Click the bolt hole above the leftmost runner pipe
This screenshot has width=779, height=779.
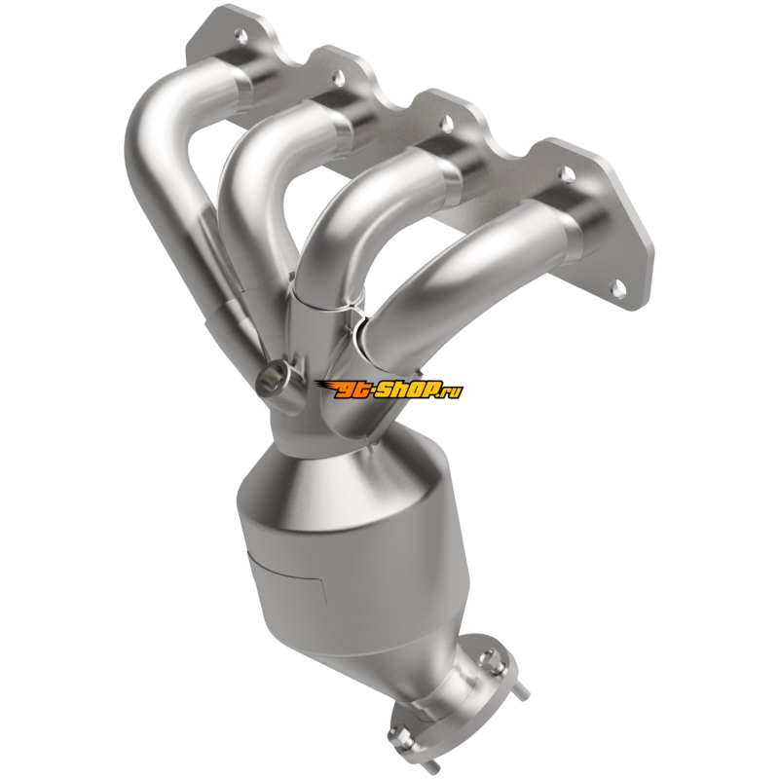click(x=241, y=35)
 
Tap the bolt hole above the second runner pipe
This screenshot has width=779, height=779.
click(x=339, y=76)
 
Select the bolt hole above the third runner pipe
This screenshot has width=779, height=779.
click(x=447, y=121)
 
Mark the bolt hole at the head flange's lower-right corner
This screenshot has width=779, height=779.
click(x=619, y=286)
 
